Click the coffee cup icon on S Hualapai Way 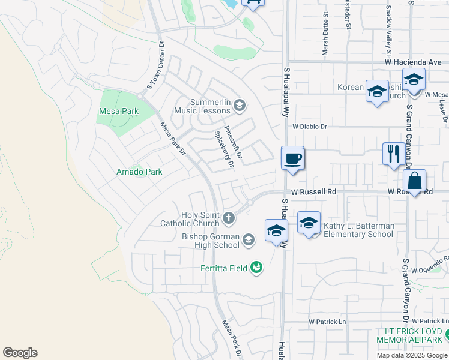click(x=292, y=159)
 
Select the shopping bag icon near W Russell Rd click(x=414, y=181)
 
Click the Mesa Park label click(x=119, y=111)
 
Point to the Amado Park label click(x=139, y=172)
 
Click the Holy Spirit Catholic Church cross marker click(x=229, y=218)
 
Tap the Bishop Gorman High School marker click(x=249, y=241)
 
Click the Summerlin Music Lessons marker click(x=239, y=106)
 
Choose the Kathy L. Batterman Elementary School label click(x=359, y=230)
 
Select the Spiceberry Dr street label click(x=222, y=149)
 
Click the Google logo click(x=20, y=353)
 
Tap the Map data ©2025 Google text click(x=411, y=355)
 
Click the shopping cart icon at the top click(x=253, y=2)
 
